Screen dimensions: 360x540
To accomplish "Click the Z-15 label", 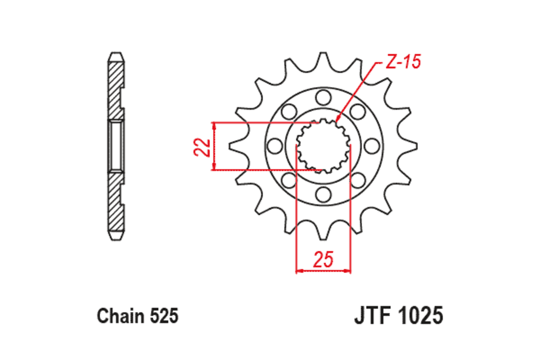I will (x=403, y=62).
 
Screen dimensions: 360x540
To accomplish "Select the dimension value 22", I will (x=202, y=146).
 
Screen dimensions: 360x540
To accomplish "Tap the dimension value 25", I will (x=323, y=260).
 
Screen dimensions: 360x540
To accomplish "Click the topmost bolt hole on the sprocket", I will (x=322, y=96).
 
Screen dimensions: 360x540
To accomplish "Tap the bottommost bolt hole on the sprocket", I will (x=322, y=194).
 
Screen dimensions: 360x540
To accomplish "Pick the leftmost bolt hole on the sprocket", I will (x=273, y=145).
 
